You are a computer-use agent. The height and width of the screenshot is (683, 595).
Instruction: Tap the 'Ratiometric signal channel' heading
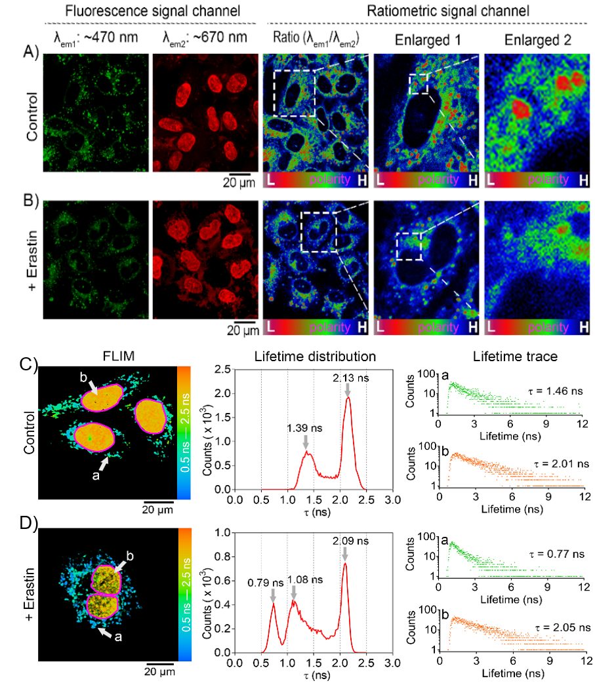click(x=430, y=11)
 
